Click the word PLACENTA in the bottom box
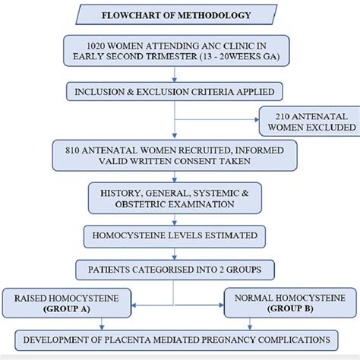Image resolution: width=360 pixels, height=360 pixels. pyautogui.click(x=141, y=339)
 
